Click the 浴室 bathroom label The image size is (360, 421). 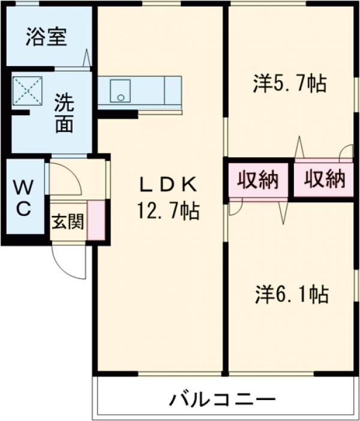(46, 37)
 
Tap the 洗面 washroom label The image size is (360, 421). (65, 113)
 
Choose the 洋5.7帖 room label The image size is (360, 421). (290, 85)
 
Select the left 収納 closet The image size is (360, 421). (258, 179)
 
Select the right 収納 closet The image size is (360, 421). (324, 179)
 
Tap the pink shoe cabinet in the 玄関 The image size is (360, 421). (97, 221)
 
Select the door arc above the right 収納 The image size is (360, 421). (345, 154)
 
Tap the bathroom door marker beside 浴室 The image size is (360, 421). (88, 59)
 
